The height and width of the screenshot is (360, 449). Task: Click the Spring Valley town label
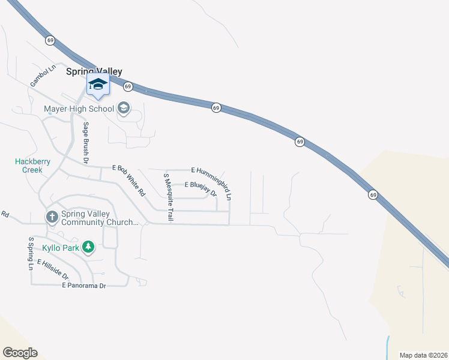pyautogui.click(x=94, y=71)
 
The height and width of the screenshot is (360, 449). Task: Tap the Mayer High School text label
pyautogui.click(x=79, y=109)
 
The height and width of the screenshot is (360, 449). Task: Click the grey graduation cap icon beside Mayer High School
pyautogui.click(x=124, y=109)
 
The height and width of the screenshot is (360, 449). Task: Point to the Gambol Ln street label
pyautogui.click(x=43, y=76)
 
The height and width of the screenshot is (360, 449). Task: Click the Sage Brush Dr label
pyautogui.click(x=86, y=144)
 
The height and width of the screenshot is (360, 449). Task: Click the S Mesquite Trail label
pyautogui.click(x=168, y=198)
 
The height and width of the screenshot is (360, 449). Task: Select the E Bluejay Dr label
pyautogui.click(x=200, y=188)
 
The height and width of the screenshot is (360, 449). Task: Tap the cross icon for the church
pyautogui.click(x=52, y=217)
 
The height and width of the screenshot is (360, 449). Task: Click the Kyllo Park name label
pyautogui.click(x=60, y=247)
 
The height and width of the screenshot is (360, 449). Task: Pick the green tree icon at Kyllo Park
pyautogui.click(x=88, y=247)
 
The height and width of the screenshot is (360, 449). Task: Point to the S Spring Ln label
pyautogui.click(x=31, y=253)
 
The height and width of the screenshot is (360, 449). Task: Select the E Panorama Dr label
pyautogui.click(x=84, y=286)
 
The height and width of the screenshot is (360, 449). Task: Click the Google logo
pyautogui.click(x=20, y=353)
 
